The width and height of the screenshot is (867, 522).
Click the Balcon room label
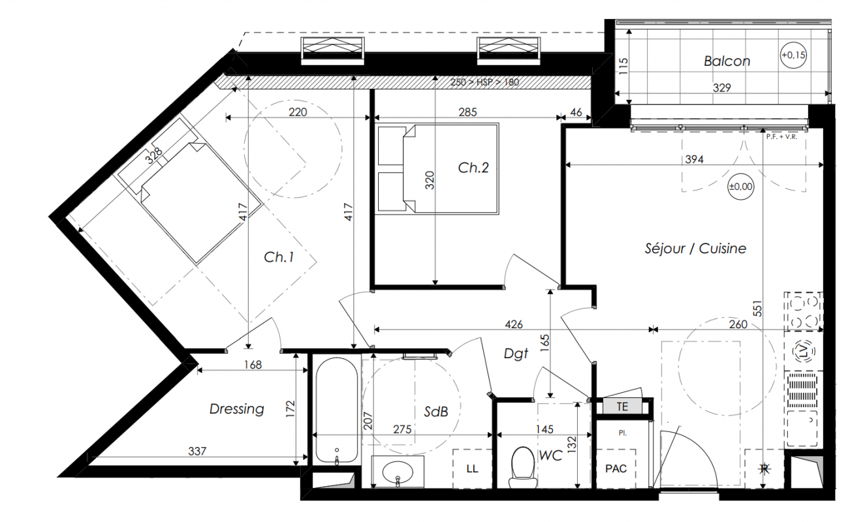(x=727, y=61)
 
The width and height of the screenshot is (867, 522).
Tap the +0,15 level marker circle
(x=793, y=55)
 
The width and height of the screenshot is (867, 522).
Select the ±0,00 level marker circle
(x=740, y=187)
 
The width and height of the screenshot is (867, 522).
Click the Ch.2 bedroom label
(x=473, y=168)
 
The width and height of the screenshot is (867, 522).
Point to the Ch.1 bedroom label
(x=279, y=257)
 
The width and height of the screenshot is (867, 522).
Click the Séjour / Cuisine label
(x=695, y=249)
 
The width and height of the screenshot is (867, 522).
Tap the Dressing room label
(x=236, y=409)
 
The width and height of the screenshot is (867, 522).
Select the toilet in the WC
(x=523, y=467)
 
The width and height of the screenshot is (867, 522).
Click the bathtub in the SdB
(x=336, y=410)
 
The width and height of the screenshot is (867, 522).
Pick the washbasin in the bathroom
(x=398, y=472)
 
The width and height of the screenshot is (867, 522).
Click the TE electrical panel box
(x=622, y=407)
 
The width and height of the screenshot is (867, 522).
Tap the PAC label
(x=616, y=469)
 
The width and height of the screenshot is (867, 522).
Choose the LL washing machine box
(x=472, y=469)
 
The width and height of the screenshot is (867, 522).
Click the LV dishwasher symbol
(x=804, y=351)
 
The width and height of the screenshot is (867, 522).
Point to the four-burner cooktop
(x=804, y=311)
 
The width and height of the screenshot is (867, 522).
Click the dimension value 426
(x=514, y=324)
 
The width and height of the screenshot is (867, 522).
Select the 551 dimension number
(x=757, y=309)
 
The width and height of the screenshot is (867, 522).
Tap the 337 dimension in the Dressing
(x=197, y=451)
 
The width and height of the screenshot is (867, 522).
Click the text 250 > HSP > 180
(x=484, y=82)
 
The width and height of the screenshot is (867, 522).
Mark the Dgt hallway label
(x=516, y=354)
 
